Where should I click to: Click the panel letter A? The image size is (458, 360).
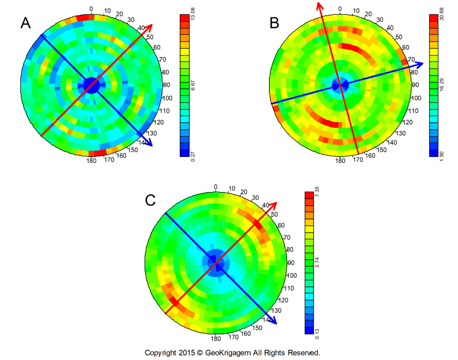[26, 22]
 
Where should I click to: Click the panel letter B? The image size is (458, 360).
[274, 22]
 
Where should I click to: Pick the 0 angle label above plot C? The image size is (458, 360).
[215, 186]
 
